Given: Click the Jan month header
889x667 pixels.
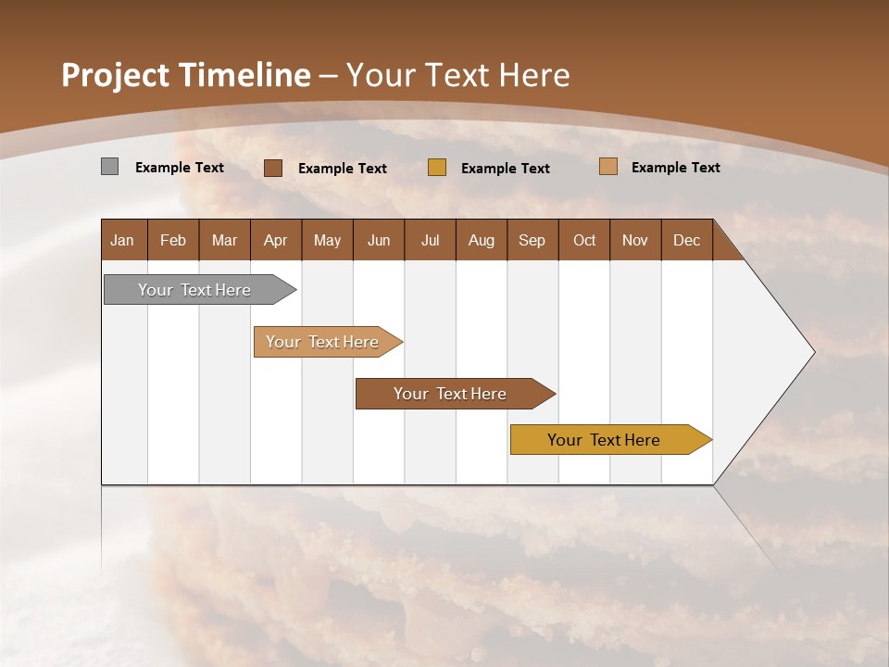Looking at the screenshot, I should pyautogui.click(x=122, y=241).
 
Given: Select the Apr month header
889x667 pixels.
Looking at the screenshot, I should pyautogui.click(x=275, y=241).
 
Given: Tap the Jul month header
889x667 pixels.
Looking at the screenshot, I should pyautogui.click(x=430, y=241).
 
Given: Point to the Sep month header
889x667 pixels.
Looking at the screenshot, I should pyautogui.click(x=532, y=241).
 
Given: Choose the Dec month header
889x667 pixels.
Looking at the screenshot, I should pyautogui.click(x=686, y=241).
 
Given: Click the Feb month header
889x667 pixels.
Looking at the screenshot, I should pyautogui.click(x=173, y=241).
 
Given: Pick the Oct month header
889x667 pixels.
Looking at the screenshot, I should pyautogui.click(x=584, y=241).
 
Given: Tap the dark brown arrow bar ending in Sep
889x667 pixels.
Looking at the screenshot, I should pyautogui.click(x=451, y=394).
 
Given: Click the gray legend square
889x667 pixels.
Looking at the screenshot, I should pyautogui.click(x=109, y=167).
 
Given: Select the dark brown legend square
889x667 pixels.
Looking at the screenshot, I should pyautogui.click(x=272, y=168).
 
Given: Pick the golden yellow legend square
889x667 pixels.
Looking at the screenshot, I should pyautogui.click(x=437, y=168).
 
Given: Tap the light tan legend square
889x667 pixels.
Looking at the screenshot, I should pyautogui.click(x=607, y=167).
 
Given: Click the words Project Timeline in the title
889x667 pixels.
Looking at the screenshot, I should pyautogui.click(x=185, y=75).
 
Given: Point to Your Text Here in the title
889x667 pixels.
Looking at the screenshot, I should pyautogui.click(x=458, y=75).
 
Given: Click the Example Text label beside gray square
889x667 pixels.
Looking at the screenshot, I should pyautogui.click(x=180, y=168).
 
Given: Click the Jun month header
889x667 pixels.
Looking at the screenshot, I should pyautogui.click(x=379, y=241).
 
